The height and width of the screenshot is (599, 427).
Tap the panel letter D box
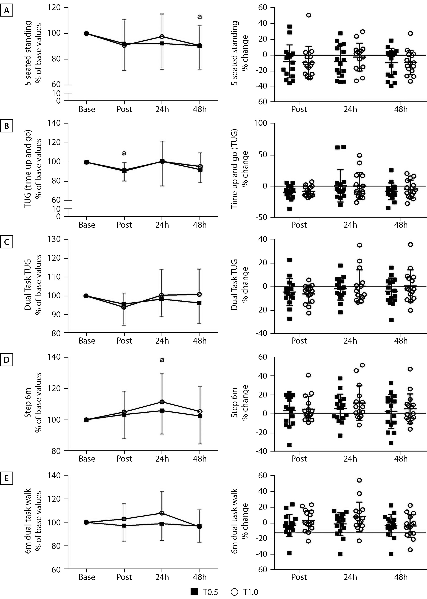[7, 360]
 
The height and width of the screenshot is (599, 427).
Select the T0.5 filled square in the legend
[194, 592]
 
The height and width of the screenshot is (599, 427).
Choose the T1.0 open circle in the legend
[234, 592]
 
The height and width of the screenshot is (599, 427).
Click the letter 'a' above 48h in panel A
[200, 17]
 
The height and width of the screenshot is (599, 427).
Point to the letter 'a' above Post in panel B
[124, 153]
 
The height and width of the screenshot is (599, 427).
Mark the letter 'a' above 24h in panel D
[162, 360]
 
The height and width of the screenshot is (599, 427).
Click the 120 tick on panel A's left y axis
[54, 8]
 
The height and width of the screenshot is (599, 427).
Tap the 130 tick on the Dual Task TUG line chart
[54, 239]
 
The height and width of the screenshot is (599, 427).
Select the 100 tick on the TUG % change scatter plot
[261, 123]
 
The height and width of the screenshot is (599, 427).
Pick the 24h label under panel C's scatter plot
[350, 341]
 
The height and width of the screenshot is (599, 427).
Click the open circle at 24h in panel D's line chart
[162, 402]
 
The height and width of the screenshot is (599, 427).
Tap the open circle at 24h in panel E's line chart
[162, 513]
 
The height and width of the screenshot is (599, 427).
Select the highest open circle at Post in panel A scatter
[308, 15]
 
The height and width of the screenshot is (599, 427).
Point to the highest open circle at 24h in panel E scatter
[359, 480]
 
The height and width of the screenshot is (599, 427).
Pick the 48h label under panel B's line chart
[200, 225]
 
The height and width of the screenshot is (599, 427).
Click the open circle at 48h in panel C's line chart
[200, 294]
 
